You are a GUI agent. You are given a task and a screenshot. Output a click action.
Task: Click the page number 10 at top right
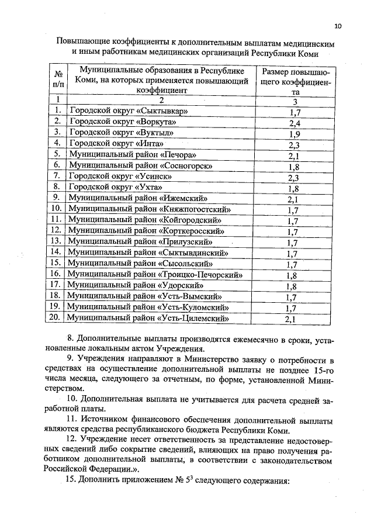[x=338, y=26]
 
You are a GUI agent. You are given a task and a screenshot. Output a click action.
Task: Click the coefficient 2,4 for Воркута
[x=294, y=123]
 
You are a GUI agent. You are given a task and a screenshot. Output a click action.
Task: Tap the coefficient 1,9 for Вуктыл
[x=294, y=134]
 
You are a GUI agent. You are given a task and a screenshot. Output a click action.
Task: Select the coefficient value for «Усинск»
[x=294, y=177]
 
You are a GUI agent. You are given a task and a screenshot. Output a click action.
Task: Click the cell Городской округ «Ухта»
[x=114, y=187]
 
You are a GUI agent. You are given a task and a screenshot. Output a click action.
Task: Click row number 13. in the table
[x=57, y=241]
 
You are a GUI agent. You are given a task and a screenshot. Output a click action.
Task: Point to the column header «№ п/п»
[x=57, y=81]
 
